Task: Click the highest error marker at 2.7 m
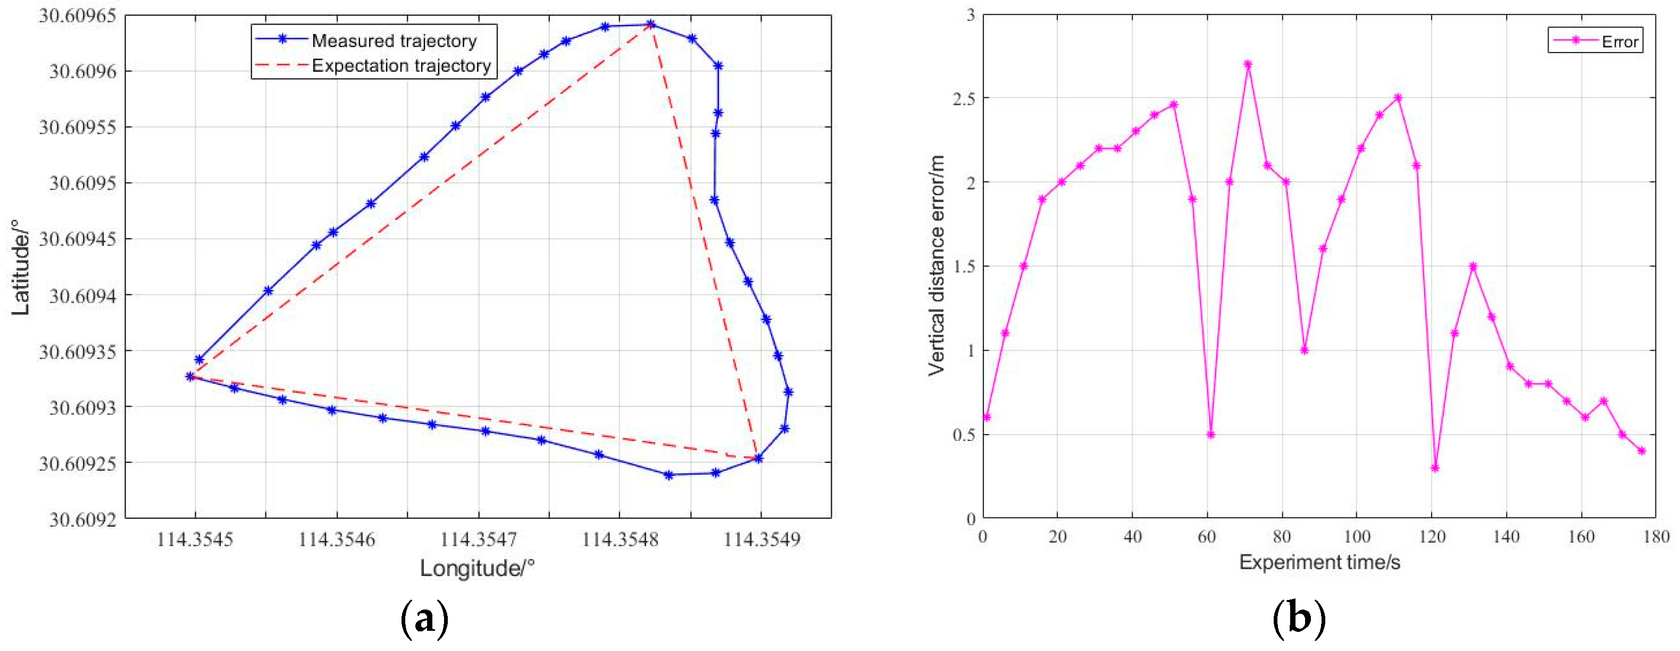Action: [1248, 64]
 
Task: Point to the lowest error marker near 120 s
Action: [1435, 468]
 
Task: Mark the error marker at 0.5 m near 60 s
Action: [1210, 435]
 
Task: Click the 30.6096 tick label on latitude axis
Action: [82, 71]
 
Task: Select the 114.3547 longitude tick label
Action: [478, 539]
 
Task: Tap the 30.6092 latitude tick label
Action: [82, 519]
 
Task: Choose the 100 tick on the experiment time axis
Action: [1357, 537]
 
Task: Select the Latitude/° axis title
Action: [21, 267]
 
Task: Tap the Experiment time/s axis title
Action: [1319, 562]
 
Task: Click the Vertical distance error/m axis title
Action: [937, 265]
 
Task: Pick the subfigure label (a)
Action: [424, 618]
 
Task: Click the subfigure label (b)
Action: [1299, 618]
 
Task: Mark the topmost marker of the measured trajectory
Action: [650, 25]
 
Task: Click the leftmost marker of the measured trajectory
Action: [190, 376]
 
